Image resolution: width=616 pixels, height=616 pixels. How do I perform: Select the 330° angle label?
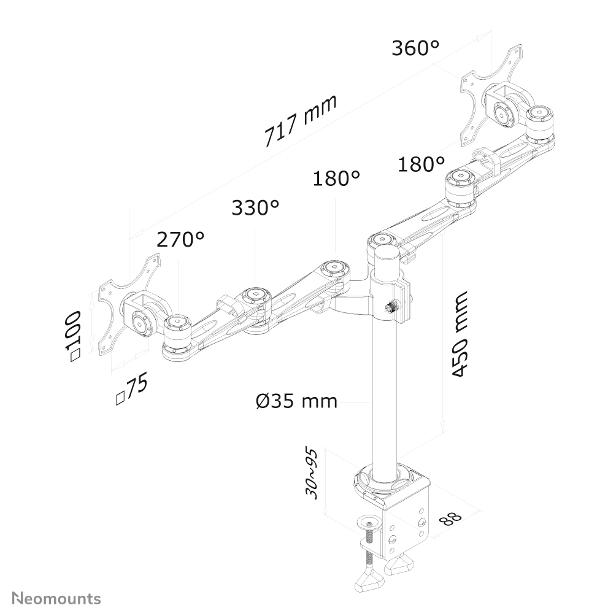click(x=255, y=208)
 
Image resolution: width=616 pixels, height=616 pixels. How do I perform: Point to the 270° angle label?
click(x=180, y=239)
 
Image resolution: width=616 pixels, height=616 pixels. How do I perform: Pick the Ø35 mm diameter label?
click(x=296, y=401)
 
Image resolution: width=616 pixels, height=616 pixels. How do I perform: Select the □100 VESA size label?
click(x=74, y=336)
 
